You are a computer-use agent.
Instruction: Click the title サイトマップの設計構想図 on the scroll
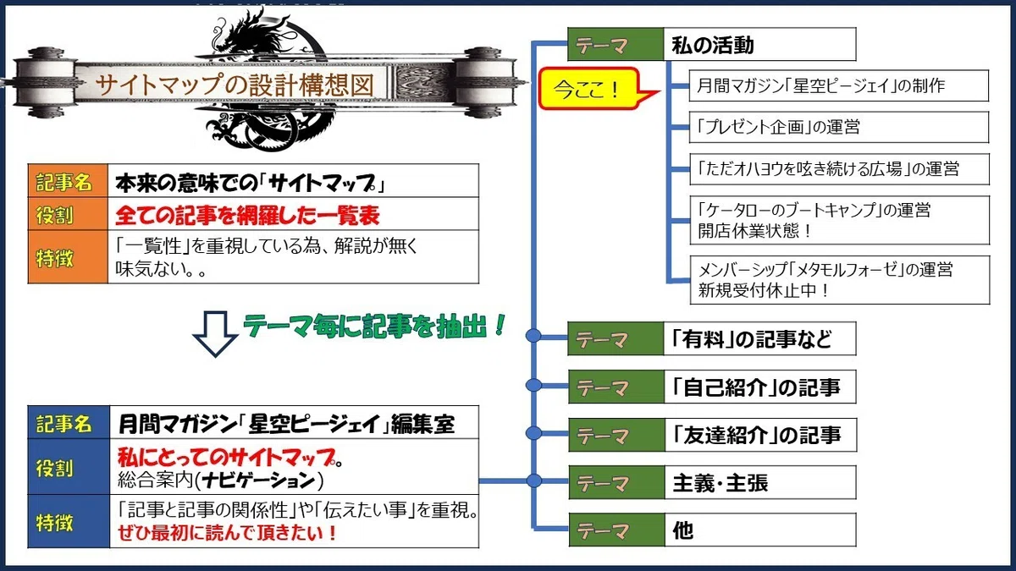click(235, 85)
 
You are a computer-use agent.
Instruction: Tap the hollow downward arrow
click(215, 334)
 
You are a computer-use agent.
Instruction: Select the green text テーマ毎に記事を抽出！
click(374, 326)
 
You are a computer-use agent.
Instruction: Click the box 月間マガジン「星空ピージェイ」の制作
click(839, 85)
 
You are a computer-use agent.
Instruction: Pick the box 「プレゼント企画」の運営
click(839, 128)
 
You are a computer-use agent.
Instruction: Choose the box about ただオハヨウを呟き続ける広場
click(839, 169)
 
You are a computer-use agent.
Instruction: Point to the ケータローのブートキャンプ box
click(840, 220)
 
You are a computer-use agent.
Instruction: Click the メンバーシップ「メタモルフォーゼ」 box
click(840, 280)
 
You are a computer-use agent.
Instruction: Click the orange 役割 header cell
click(68, 214)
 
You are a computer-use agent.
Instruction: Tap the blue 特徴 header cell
click(69, 522)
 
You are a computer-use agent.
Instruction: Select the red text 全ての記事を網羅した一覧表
click(247, 215)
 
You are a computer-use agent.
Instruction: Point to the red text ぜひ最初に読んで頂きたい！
click(227, 533)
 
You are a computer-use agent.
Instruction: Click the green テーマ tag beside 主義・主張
click(617, 483)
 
